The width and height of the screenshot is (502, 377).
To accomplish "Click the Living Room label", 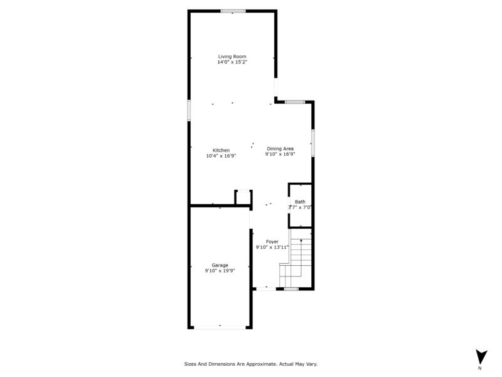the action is [232, 57].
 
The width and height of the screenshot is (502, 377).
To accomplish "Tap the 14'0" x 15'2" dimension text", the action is [232, 62].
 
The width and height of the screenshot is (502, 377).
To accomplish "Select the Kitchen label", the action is [221, 150].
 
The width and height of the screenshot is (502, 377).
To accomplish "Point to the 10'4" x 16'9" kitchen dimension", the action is [221, 156].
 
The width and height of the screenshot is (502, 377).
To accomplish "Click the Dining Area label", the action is [280, 148].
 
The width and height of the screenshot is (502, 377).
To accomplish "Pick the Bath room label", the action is [300, 202].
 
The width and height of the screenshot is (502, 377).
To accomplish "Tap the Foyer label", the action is [272, 242].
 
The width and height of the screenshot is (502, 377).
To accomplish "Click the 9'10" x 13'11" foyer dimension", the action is [272, 247].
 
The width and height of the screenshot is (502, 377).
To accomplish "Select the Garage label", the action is [220, 265].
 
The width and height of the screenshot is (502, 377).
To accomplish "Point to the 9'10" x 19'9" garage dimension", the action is [220, 271].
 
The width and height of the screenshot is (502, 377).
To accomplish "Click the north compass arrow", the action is [481, 356].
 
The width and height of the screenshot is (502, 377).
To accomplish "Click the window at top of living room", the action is [233, 11].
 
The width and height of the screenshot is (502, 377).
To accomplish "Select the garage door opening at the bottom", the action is [220, 327].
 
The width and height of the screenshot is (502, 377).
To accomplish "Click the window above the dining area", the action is [295, 102].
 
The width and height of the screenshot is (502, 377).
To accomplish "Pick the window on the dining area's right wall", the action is [312, 143].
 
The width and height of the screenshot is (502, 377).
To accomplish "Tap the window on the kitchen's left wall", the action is [189, 111].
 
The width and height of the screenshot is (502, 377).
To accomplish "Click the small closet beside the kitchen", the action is [243, 197].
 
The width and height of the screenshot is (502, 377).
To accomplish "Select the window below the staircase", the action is [291, 289].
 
